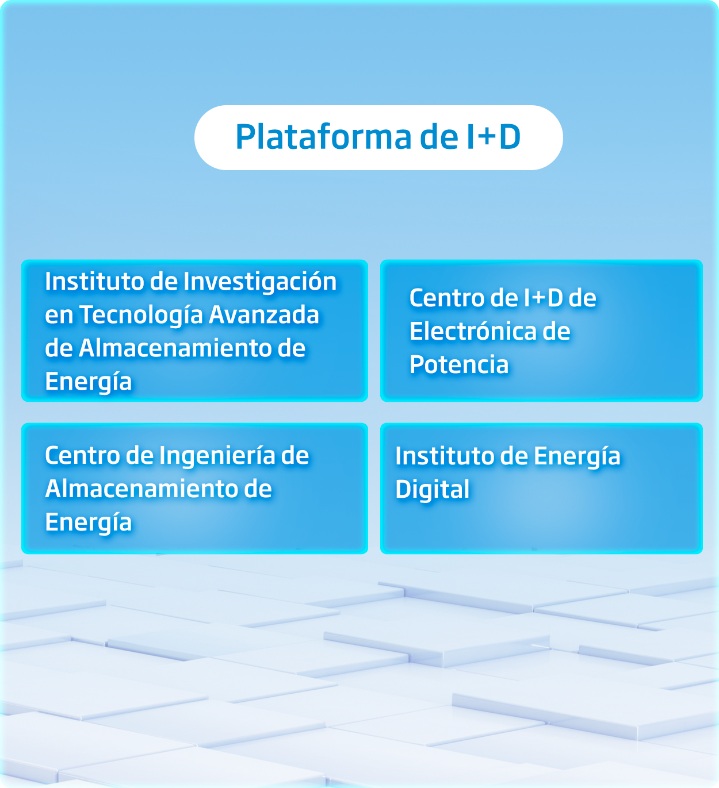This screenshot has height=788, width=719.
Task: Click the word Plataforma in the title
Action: (x=323, y=137)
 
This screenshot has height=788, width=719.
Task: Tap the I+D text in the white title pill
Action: (x=493, y=137)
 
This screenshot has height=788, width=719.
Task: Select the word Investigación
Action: (x=260, y=282)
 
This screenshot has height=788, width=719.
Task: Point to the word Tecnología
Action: (x=141, y=316)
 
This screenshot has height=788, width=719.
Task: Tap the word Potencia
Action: (x=459, y=364)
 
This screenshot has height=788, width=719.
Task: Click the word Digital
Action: (x=432, y=490)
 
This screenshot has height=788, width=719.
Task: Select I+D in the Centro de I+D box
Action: (x=544, y=297)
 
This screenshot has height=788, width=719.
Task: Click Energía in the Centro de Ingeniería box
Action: (x=88, y=523)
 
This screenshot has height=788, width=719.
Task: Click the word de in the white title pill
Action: (x=439, y=137)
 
